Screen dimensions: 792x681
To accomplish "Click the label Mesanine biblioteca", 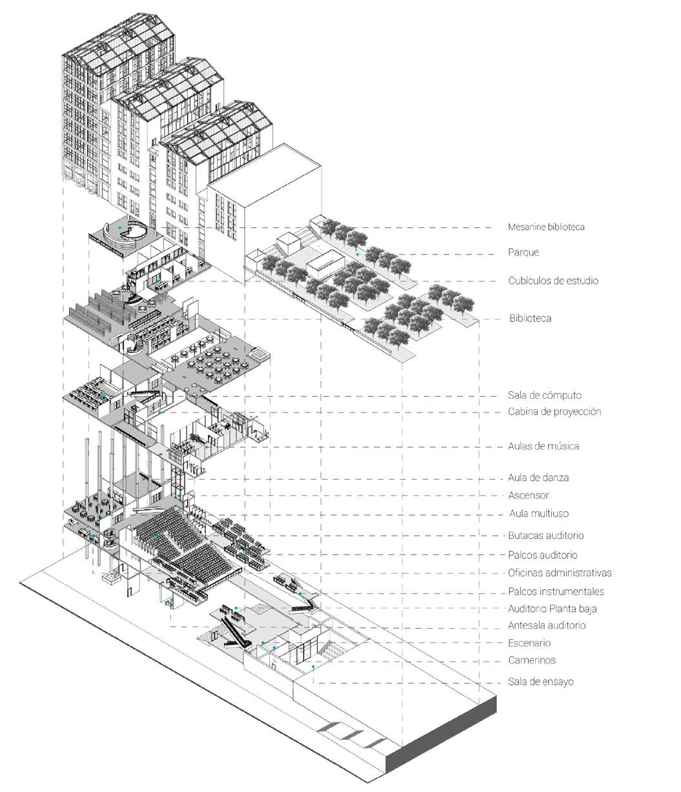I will tap(546, 227).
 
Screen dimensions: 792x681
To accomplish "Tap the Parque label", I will tap(523, 252).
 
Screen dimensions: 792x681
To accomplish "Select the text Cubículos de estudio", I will tap(553, 281).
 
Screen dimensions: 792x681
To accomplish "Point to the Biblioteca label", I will tap(530, 318).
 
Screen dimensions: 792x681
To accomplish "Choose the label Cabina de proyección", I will tap(554, 412).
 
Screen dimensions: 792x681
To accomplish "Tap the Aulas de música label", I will tap(544, 446).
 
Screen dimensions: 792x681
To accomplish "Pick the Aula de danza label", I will tap(538, 478).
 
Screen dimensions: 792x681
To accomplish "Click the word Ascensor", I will tap(529, 496).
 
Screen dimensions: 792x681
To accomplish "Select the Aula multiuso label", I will tap(539, 514).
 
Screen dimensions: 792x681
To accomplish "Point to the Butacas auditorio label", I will tap(546, 536).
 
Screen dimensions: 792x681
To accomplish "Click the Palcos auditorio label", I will tap(543, 555).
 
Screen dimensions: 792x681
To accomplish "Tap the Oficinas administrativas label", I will tap(560, 573).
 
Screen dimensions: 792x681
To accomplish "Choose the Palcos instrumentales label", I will tap(556, 592).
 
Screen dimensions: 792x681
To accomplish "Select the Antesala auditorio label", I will tap(547, 625).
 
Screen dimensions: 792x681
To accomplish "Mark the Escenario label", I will tap(529, 644).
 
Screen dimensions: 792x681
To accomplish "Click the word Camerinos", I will tap(532, 660).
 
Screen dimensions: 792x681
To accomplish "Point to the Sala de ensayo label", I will tap(541, 682).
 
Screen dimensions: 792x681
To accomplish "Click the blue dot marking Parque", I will tap(357, 255).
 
